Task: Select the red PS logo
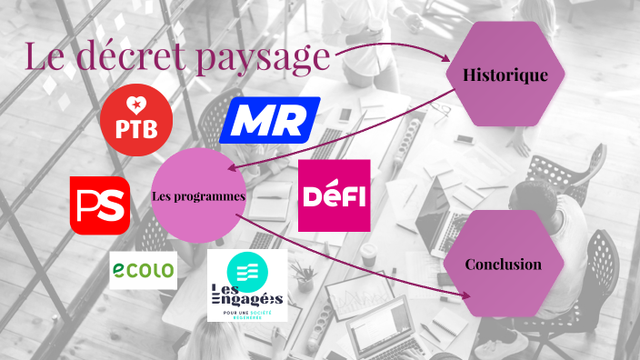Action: pyautogui.click(x=100, y=205)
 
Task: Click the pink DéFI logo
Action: pyautogui.click(x=334, y=195)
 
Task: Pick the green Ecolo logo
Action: pyautogui.click(x=143, y=270)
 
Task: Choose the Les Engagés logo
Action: pyautogui.click(x=246, y=285)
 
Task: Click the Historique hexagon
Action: pyautogui.click(x=505, y=75)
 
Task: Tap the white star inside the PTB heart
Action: pyautogui.click(x=136, y=106)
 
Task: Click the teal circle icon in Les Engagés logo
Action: pyautogui.click(x=246, y=268)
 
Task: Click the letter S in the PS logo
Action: pyautogui.click(x=113, y=205)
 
